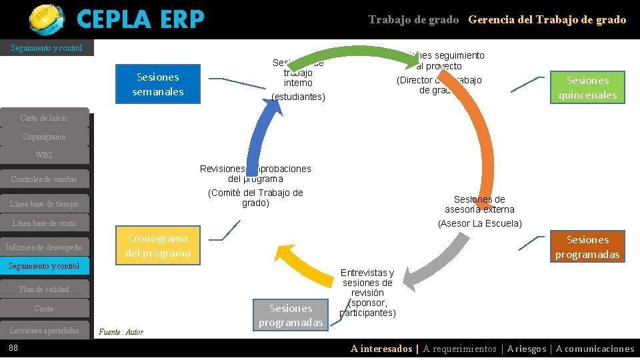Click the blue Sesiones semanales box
pyautogui.click(x=159, y=85)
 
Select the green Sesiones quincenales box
pyautogui.click(x=587, y=87)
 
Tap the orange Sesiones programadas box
pyautogui.click(x=587, y=247)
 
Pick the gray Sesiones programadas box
pyautogui.click(x=291, y=315)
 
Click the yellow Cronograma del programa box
pyautogui.click(x=158, y=245)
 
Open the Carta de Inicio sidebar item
pyautogui.click(x=44, y=118)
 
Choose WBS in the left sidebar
pyautogui.click(x=44, y=155)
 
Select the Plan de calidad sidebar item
pyautogui.click(x=44, y=289)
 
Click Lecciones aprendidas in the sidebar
pyautogui.click(x=44, y=331)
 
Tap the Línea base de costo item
pyautogui.click(x=44, y=223)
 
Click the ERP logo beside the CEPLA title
pyautogui.click(x=47, y=19)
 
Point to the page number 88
pyautogui.click(x=13, y=348)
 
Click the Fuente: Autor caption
pyautogui.click(x=121, y=332)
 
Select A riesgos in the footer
pyautogui.click(x=527, y=349)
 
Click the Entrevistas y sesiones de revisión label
pyautogui.click(x=367, y=293)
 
